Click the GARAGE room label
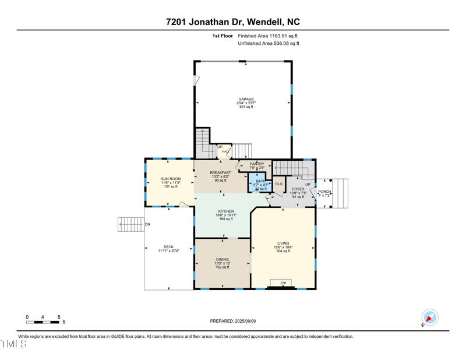246,99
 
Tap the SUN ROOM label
171,179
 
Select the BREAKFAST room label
220,172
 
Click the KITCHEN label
226,211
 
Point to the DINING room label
222,260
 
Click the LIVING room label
283,243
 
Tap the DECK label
168,247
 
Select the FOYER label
298,189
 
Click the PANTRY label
257,164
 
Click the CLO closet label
279,184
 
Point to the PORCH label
324,192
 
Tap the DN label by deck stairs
147,224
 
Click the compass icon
430,317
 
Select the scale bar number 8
59,317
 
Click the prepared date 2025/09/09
233,321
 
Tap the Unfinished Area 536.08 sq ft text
269,44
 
